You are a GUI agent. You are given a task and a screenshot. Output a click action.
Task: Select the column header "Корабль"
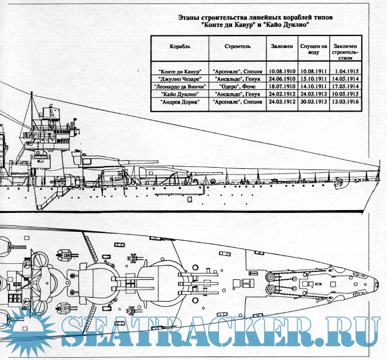(179, 45)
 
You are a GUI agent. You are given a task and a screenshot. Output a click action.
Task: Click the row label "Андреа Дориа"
(179, 101)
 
